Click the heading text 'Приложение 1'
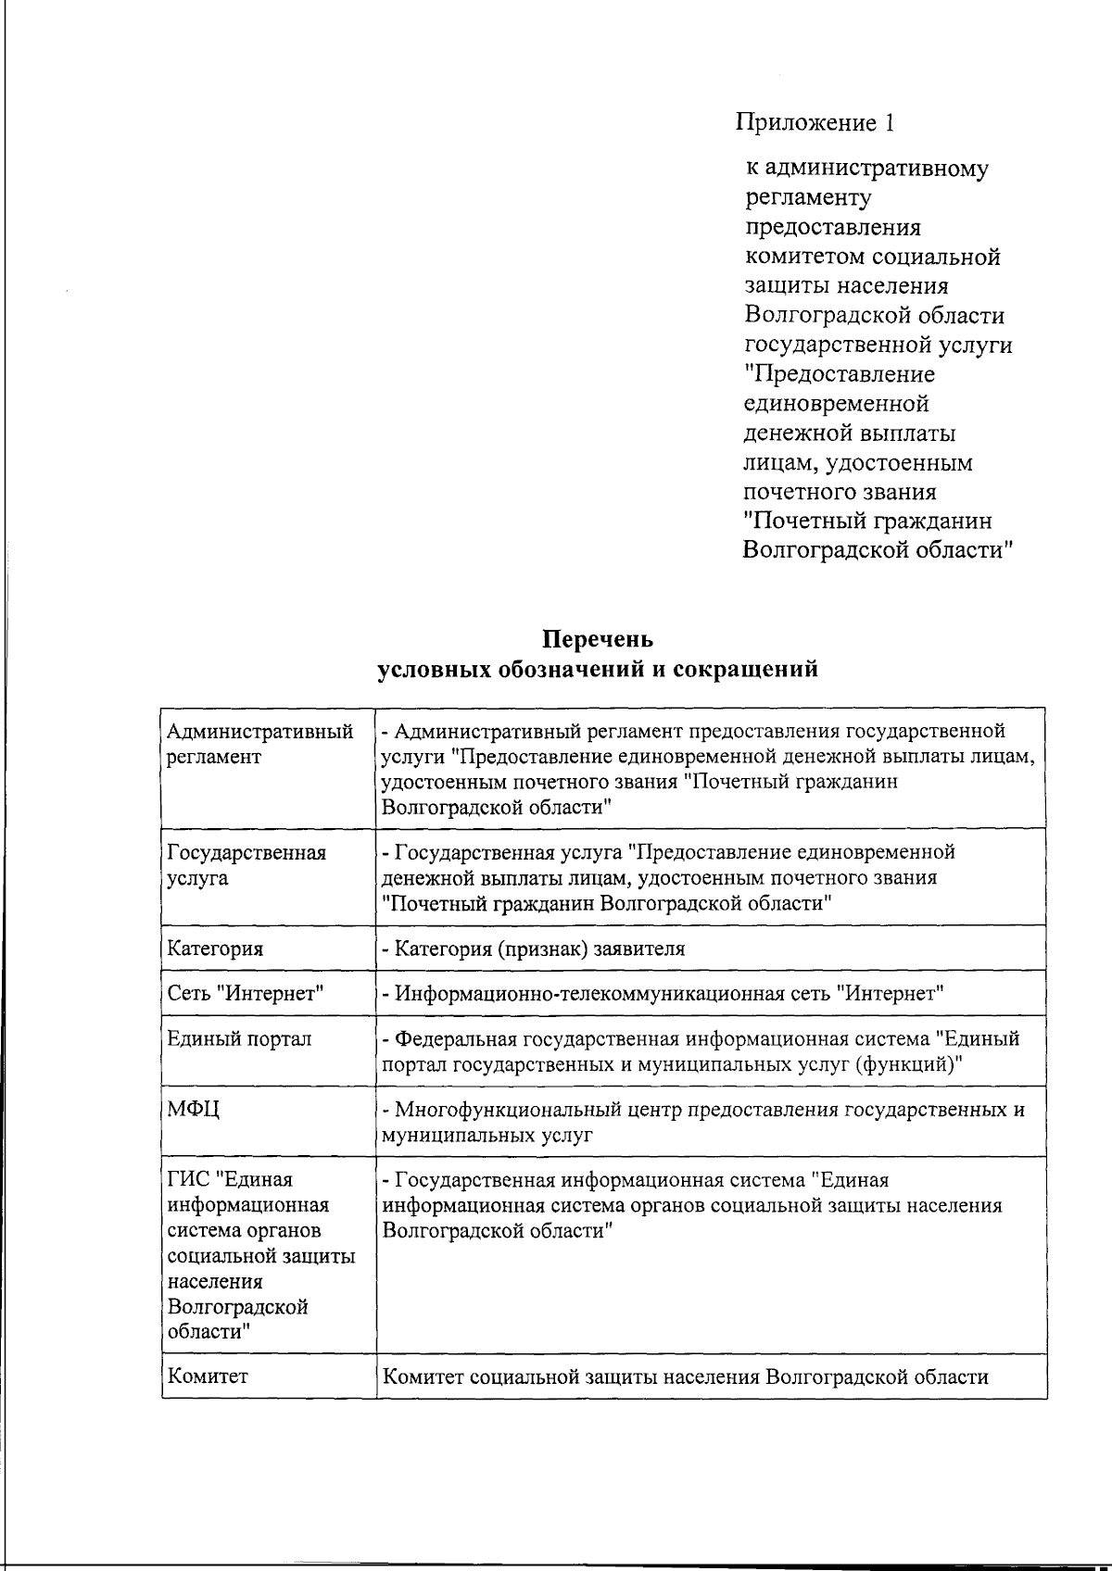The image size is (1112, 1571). (815, 122)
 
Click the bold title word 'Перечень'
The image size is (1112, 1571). (598, 640)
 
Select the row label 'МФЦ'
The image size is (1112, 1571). (194, 1110)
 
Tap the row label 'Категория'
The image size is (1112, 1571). (215, 949)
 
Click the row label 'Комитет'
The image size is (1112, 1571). (208, 1376)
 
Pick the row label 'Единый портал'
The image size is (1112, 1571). (239, 1038)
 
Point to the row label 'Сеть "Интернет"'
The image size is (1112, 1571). (246, 994)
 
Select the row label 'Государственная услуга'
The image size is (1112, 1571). (246, 864)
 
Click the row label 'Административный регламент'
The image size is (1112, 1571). (259, 744)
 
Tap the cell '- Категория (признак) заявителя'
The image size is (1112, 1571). (534, 949)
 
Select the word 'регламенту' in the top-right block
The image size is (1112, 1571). (808, 197)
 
